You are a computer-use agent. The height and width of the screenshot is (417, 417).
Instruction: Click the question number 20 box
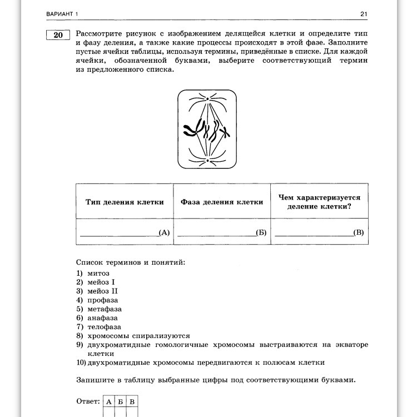(58, 35)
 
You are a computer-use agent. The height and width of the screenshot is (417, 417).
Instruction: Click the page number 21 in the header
(364, 14)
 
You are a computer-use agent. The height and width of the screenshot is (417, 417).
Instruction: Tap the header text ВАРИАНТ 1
(64, 14)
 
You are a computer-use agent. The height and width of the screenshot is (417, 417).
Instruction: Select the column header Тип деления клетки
(125, 202)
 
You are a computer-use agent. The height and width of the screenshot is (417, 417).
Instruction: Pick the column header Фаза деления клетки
(222, 202)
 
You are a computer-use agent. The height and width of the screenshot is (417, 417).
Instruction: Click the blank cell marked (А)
(125, 232)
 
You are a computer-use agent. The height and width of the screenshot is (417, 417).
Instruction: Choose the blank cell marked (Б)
(222, 232)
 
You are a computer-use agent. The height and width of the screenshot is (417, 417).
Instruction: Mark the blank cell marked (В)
(319, 232)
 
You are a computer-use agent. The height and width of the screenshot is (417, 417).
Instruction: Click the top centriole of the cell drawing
(207, 99)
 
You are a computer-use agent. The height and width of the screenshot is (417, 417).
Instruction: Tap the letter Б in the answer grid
(120, 401)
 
